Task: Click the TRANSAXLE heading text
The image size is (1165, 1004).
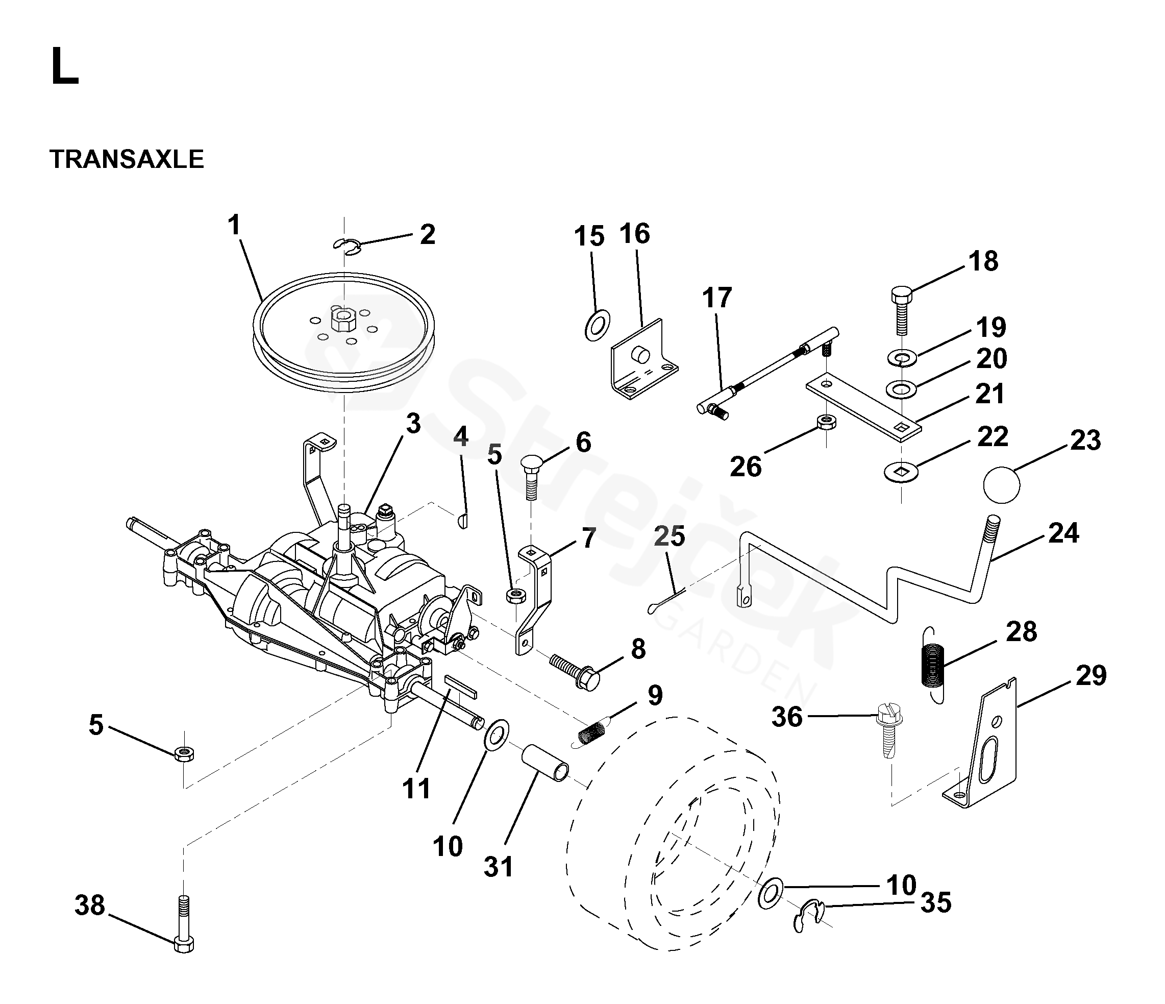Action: (x=127, y=159)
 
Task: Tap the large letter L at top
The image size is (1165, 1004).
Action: (x=65, y=66)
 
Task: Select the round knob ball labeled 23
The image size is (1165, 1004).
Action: (x=1001, y=485)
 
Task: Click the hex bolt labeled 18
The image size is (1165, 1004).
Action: (x=902, y=311)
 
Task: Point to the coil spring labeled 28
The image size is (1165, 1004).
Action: (x=933, y=664)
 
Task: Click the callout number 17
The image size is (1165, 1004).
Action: (x=717, y=298)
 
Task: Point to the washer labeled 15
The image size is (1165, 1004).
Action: (x=598, y=325)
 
